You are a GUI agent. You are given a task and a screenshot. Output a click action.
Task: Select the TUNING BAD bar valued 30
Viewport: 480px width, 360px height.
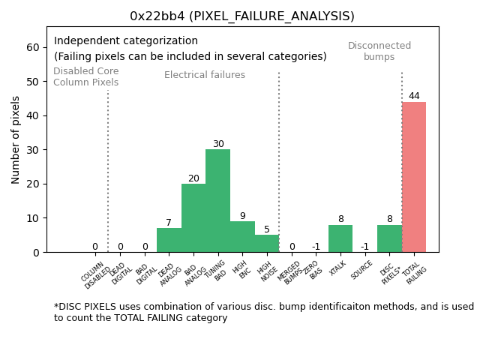(217, 201)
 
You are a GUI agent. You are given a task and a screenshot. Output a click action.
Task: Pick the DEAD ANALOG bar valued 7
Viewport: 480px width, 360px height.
(169, 240)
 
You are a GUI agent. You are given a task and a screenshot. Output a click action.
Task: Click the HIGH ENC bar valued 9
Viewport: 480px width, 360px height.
(242, 237)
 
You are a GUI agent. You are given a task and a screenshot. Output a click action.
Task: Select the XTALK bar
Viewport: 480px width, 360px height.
(340, 238)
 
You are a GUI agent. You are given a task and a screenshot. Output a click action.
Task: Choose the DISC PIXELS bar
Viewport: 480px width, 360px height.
(389, 238)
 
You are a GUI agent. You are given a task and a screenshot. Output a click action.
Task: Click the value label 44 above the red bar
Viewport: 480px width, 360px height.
(414, 96)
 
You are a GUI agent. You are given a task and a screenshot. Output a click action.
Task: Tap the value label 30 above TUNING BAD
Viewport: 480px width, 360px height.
(218, 144)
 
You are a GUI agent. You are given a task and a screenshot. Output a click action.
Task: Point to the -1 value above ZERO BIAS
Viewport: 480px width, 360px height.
(316, 247)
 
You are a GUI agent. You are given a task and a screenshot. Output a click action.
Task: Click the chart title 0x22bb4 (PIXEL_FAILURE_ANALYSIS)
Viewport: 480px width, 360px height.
(242, 16)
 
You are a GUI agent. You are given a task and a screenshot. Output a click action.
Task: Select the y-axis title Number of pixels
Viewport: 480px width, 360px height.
(16, 139)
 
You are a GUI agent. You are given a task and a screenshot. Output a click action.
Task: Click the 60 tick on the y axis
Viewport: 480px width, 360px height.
(33, 47)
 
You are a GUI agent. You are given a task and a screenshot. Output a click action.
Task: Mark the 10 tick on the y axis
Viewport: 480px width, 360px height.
(33, 218)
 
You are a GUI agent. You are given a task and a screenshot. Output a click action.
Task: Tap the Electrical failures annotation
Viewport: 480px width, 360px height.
(205, 75)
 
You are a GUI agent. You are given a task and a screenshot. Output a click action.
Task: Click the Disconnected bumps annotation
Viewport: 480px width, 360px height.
(379, 51)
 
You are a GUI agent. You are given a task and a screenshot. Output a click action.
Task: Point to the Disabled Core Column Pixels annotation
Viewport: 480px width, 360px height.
(85, 76)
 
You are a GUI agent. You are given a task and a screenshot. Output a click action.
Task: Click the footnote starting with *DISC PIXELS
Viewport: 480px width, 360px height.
(263, 312)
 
